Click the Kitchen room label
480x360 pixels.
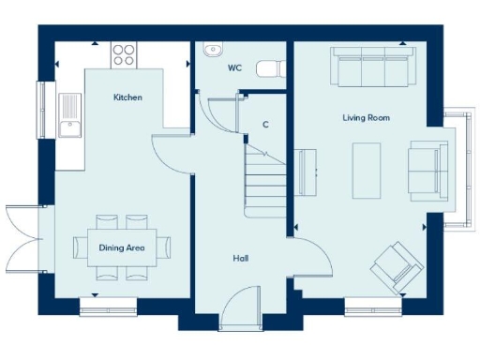point(127,97)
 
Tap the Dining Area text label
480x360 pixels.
point(121,247)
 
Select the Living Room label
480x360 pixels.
point(366,118)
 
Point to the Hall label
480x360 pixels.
point(241,258)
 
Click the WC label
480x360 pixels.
point(234,68)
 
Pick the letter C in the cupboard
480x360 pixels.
point(265,124)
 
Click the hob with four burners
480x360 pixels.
point(125,53)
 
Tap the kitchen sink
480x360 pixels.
point(69,115)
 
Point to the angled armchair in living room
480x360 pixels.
point(397,264)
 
